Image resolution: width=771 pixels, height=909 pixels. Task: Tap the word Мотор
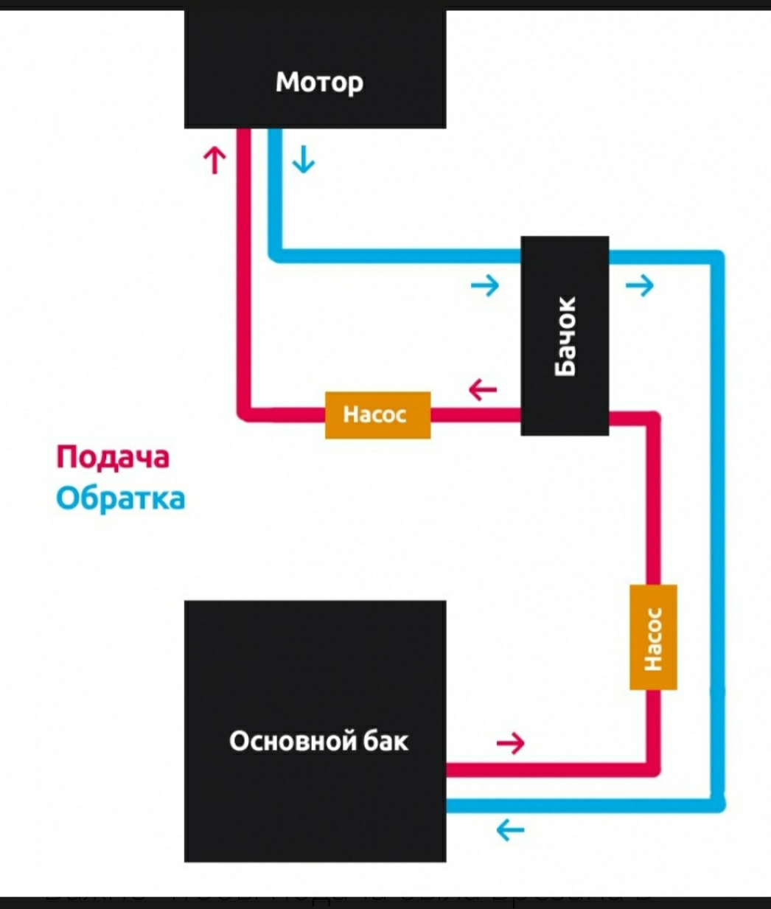pos(319,82)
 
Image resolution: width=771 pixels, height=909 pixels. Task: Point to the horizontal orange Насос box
pos(377,415)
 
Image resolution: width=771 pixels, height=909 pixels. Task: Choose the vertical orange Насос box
pos(653,638)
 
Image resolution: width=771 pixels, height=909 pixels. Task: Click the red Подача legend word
pos(113,457)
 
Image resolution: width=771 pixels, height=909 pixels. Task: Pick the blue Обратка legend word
pos(120,499)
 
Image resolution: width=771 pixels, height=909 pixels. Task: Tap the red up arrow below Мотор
pos(214,159)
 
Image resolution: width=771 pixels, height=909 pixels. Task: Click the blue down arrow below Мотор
pos(303,159)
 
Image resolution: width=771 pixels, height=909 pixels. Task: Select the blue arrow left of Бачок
pos(485,285)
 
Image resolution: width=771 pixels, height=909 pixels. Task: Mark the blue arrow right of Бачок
pos(639,285)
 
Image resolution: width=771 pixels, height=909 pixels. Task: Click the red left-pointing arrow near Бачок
pos(483,389)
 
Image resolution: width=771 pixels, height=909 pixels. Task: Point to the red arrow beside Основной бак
pos(510,742)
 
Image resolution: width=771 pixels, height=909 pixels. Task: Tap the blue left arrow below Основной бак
pos(510,830)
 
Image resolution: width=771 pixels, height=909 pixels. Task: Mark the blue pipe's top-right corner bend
pos(717,258)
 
